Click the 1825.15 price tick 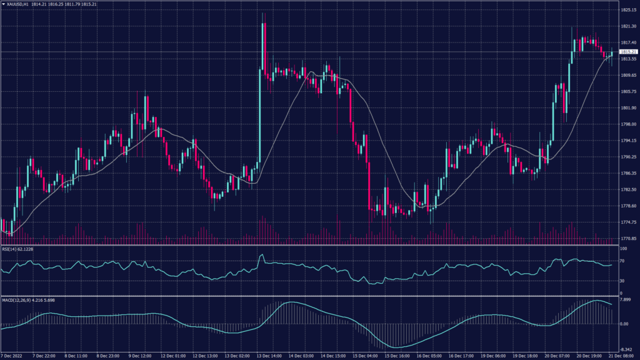628,10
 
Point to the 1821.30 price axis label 628,26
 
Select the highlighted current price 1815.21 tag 628,51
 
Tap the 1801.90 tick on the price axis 628,108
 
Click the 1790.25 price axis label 628,157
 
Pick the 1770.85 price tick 628,239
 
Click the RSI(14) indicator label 17,249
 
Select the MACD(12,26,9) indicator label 23,301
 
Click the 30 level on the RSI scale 622,280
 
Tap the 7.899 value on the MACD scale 626,299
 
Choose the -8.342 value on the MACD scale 626,349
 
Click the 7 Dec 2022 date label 14,356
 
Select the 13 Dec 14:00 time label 272,356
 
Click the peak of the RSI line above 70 262,255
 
